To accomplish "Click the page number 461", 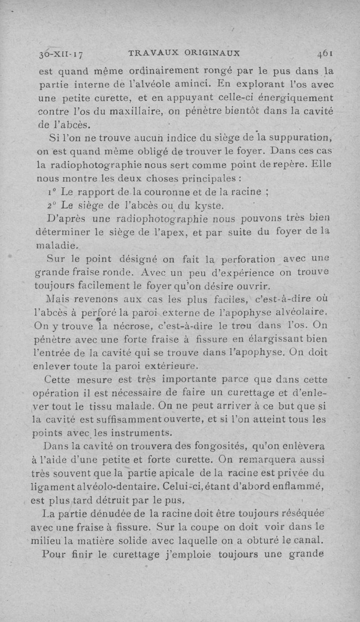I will (x=324, y=54).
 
